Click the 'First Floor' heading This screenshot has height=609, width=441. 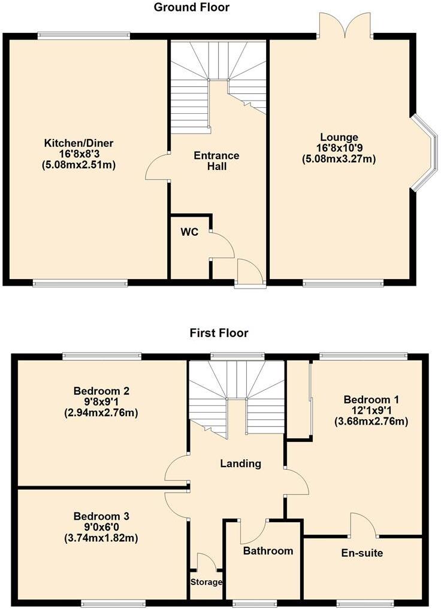click(219, 333)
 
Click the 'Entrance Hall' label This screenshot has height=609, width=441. click(216, 161)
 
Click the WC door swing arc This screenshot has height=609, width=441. click(222, 245)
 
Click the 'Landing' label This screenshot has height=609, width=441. click(240, 463)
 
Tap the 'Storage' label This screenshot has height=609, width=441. click(206, 582)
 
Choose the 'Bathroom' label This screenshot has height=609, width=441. click(268, 550)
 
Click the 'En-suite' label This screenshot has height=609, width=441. click(363, 553)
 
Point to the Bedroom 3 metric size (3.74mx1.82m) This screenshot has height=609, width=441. click(101, 538)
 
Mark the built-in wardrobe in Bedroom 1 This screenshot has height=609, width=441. click(298, 398)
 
